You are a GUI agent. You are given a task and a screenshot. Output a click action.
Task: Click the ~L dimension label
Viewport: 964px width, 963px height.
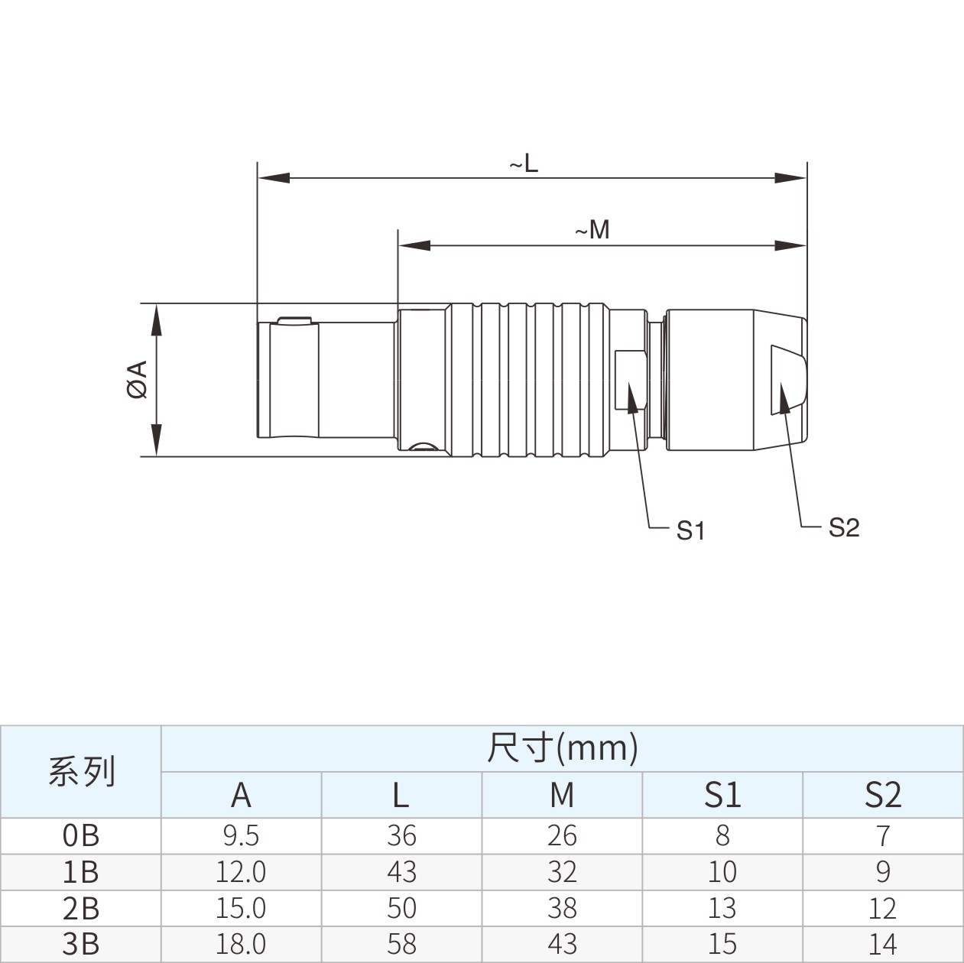click(524, 164)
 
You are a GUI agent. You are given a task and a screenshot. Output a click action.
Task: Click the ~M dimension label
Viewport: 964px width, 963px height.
click(592, 231)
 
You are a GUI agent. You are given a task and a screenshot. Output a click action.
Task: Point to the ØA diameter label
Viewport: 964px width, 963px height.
click(138, 379)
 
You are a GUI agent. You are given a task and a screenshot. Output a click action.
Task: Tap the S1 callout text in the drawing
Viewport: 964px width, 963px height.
click(690, 530)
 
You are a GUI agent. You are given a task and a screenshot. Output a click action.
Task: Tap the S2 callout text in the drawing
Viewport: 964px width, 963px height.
click(844, 527)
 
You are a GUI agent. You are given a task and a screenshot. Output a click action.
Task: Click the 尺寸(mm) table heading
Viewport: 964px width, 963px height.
click(563, 748)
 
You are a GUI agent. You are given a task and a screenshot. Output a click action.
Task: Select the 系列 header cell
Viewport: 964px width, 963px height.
click(82, 771)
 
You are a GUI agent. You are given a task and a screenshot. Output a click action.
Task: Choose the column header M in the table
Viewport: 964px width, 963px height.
click(562, 794)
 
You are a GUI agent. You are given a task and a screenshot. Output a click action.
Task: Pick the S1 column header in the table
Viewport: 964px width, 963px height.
click(722, 794)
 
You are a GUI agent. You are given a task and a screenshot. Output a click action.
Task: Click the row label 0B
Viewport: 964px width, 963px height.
click(81, 835)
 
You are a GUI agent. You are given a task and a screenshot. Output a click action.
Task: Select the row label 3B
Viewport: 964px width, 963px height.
click(81, 944)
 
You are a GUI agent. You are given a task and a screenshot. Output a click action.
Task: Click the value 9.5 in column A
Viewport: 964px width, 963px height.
click(241, 835)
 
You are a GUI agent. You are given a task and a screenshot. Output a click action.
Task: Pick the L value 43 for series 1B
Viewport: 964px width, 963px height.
click(401, 871)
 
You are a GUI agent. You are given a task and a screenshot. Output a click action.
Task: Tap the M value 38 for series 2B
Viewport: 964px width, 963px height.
click(563, 908)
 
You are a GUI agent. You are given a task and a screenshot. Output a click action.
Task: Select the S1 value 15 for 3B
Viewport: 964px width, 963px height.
click(722, 944)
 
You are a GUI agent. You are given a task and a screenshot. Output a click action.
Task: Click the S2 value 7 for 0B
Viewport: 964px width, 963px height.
click(884, 835)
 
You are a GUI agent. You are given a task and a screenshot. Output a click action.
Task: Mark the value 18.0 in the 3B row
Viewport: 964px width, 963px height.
click(241, 944)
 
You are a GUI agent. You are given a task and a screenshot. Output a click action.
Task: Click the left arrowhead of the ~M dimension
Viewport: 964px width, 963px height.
click(414, 245)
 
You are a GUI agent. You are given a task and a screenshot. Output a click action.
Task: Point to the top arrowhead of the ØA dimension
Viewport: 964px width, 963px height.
click(157, 320)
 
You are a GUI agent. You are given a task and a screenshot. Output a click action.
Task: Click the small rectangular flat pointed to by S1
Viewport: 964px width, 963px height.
click(631, 381)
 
